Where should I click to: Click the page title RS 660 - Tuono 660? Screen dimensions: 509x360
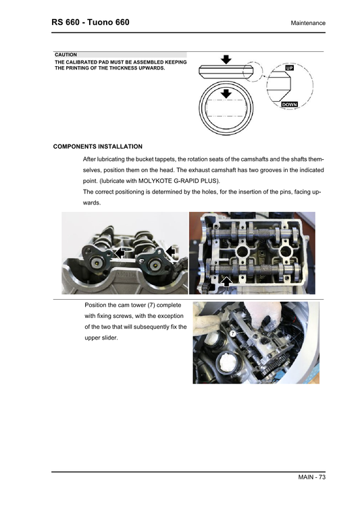(x=91, y=23)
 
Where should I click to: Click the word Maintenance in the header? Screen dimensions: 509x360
(x=308, y=24)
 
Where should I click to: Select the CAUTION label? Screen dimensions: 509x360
(x=66, y=55)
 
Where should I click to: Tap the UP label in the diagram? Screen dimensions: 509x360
(x=289, y=68)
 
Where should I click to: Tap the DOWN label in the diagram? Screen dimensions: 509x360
(x=289, y=105)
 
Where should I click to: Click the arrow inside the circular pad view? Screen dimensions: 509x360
(x=227, y=92)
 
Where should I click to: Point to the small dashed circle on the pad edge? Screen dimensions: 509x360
(x=251, y=70)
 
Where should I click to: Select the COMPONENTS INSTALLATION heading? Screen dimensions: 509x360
(x=97, y=146)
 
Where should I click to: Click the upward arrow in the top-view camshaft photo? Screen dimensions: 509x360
(x=228, y=279)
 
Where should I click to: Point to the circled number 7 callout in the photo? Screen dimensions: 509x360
(x=232, y=333)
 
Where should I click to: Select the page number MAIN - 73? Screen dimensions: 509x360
(x=311, y=478)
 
